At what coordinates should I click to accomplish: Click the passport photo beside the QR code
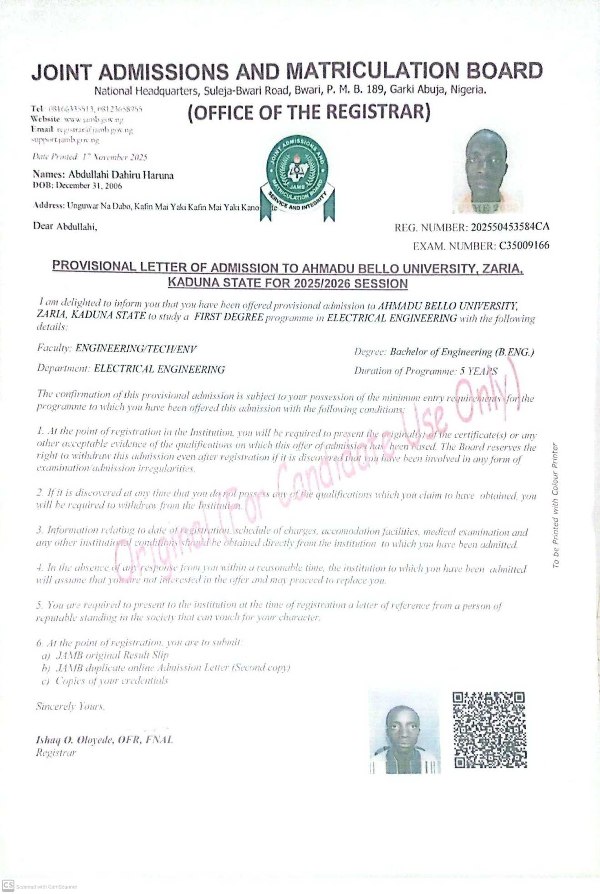pos(405,732)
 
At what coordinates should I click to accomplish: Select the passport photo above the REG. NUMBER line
pos(486,171)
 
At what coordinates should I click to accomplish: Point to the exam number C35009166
pos(524,246)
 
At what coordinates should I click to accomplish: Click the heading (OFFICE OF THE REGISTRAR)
pos(309,112)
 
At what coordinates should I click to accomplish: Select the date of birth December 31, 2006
pos(89,186)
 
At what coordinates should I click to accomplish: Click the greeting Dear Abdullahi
pos(65,226)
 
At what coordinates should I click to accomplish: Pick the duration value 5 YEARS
pos(478,371)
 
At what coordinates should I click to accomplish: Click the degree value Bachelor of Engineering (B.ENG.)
pos(462,352)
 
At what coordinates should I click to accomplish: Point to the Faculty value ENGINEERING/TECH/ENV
pos(136,349)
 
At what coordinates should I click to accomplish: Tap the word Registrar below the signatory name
pos(56,753)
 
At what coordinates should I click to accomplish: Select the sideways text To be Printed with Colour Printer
pos(555,505)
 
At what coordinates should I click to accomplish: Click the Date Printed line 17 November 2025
pos(90,157)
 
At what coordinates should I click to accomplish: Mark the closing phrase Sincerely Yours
pos(70,706)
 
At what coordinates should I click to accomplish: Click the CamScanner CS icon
pos(8,885)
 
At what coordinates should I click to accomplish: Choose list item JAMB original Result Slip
pos(112,655)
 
